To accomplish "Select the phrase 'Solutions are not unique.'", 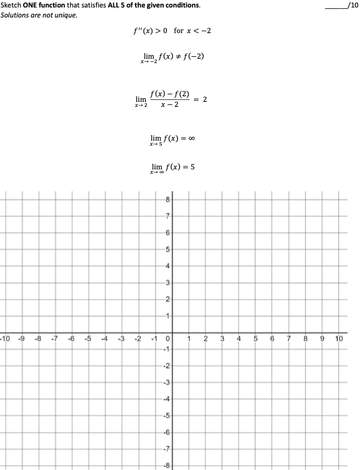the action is tap(39, 15).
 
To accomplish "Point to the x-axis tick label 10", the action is tap(339, 339).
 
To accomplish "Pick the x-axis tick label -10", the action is tap(5, 339).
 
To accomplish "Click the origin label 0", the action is tap(167, 339).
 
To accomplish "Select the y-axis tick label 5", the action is tap(167, 249).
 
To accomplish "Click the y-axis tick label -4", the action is tap(166, 397).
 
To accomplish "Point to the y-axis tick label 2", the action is tap(167, 299).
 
